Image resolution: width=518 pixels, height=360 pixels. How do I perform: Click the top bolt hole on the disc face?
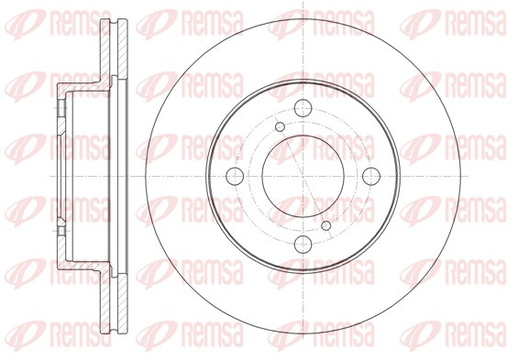pyautogui.click(x=303, y=108)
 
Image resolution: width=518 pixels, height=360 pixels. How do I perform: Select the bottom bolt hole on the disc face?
pyautogui.click(x=303, y=245)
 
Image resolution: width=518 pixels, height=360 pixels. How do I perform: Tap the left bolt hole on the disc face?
pyautogui.click(x=235, y=176)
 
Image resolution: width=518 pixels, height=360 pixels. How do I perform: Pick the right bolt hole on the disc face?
pyautogui.click(x=371, y=176)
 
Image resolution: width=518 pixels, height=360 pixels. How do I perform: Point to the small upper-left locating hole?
pyautogui.click(x=281, y=126)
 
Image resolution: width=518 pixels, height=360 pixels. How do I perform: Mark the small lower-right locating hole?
pyautogui.click(x=326, y=225)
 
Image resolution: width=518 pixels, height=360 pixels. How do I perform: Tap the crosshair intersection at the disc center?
pyautogui.click(x=303, y=176)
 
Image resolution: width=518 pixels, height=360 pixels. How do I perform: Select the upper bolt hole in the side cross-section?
pyautogui.click(x=61, y=108)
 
